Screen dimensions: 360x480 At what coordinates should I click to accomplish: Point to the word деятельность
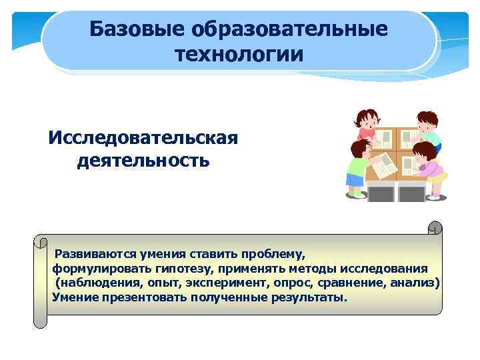click(x=143, y=161)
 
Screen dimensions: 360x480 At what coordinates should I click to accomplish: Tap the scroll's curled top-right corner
click(x=435, y=228)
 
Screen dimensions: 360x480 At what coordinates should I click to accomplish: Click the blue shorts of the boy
click(x=353, y=179)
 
